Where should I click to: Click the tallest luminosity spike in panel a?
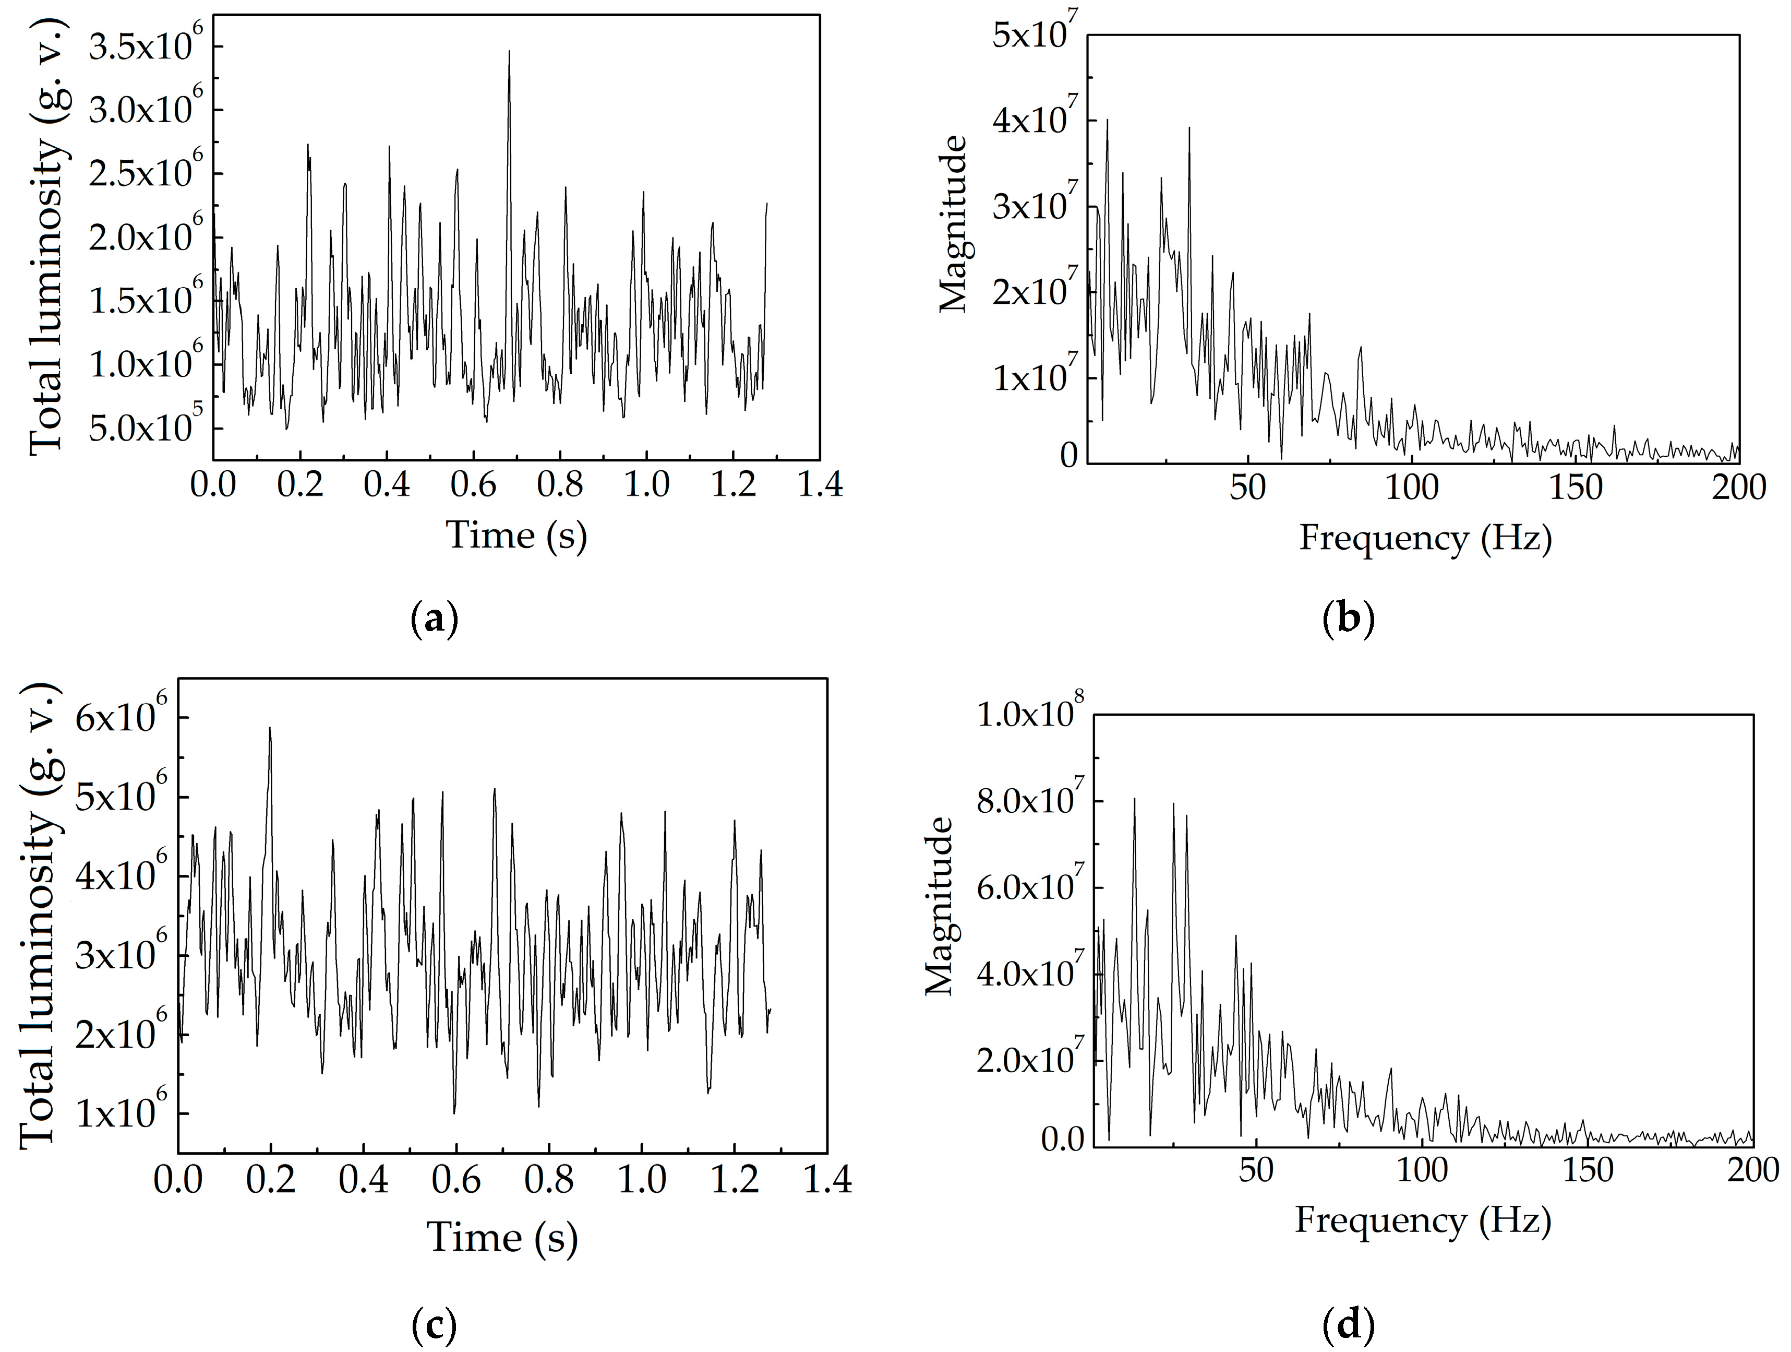click(509, 52)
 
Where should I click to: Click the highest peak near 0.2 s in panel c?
click(270, 728)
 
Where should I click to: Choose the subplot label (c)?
click(434, 1325)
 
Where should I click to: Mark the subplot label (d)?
click(1348, 1325)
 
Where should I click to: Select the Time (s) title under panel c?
click(502, 1238)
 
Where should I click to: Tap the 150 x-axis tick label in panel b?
click(1576, 488)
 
